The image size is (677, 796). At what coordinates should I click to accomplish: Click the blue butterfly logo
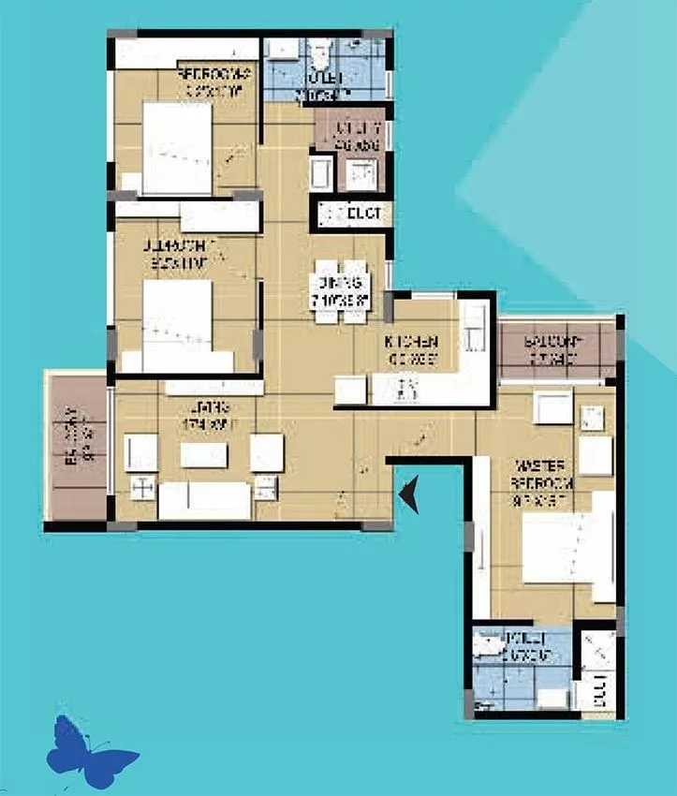click(91, 750)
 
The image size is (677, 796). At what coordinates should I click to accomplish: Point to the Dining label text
click(340, 293)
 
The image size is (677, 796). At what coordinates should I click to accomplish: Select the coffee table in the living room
click(205, 455)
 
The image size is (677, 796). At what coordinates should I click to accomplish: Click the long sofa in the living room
click(205, 500)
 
